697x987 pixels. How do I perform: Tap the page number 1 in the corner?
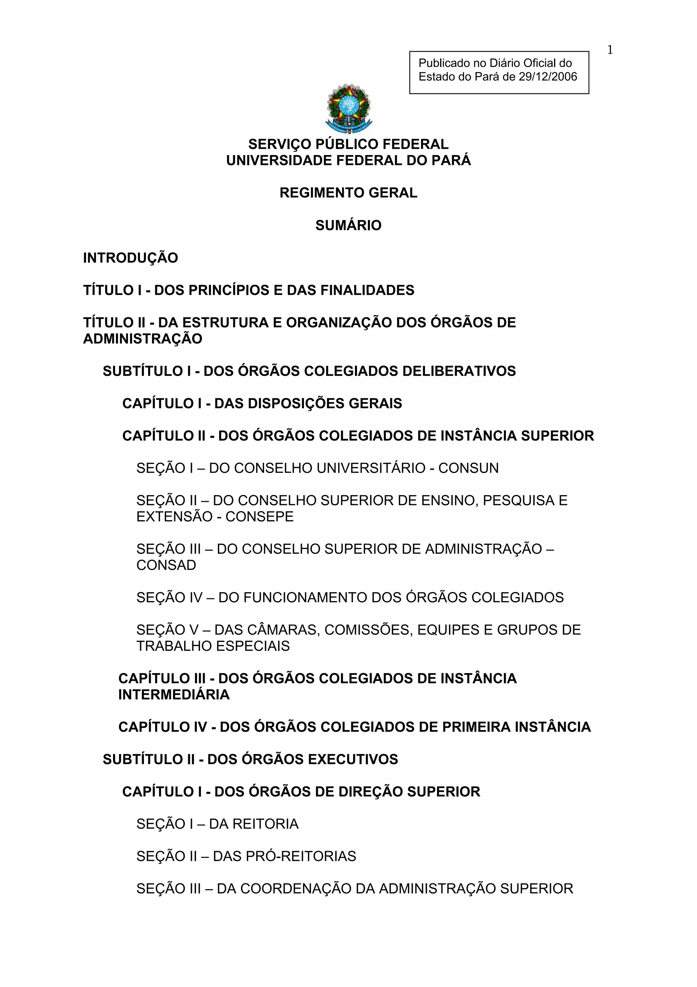610,50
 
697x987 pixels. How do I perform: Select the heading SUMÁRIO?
348,225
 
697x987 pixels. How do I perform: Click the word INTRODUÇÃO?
131,258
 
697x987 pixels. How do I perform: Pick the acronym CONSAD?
166,565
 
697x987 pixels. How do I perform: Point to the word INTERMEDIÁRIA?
174,694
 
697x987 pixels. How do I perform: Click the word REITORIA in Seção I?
265,824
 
